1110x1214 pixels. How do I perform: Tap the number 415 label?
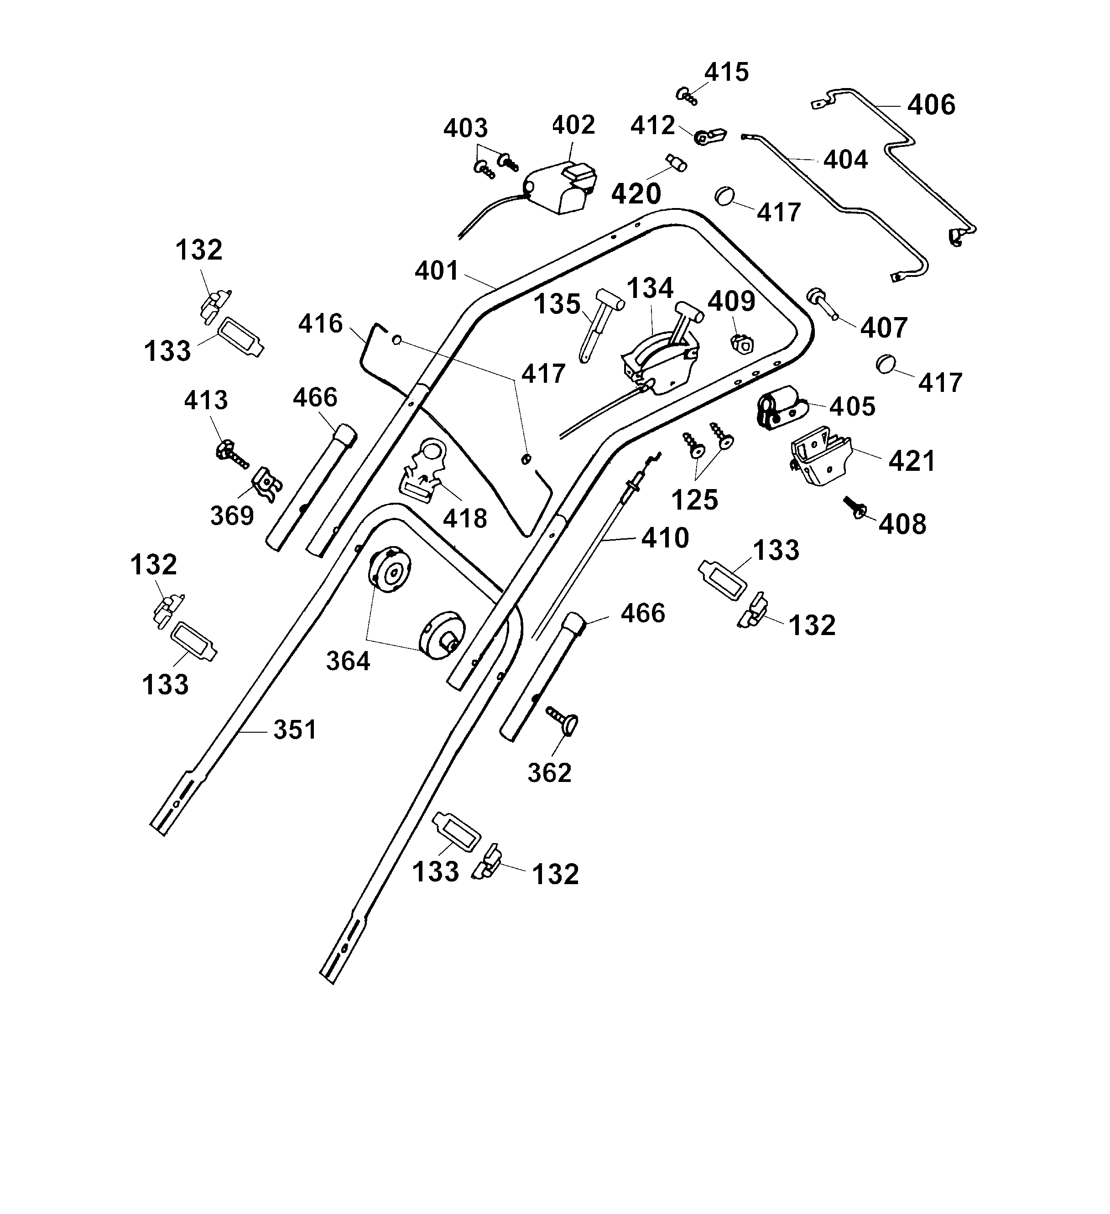pyautogui.click(x=726, y=72)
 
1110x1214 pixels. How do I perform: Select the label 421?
pyautogui.click(x=912, y=461)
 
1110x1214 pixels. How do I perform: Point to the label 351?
pyautogui.click(x=295, y=730)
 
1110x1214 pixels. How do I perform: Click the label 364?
pyautogui.click(x=348, y=661)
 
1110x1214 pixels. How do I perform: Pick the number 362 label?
pyautogui.click(x=549, y=772)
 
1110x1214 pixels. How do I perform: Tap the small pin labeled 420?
pyautogui.click(x=675, y=162)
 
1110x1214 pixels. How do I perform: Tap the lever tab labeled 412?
pyautogui.click(x=711, y=137)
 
